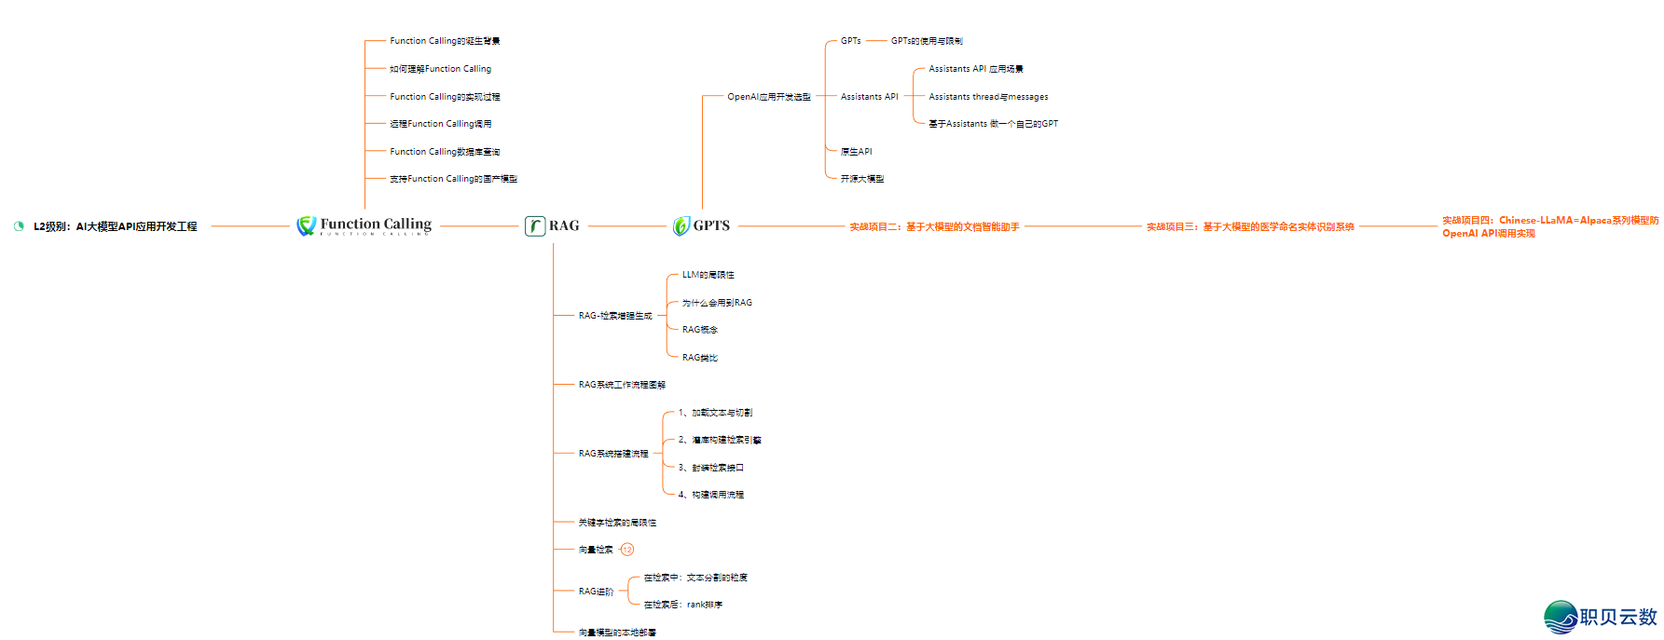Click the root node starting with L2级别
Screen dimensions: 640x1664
(x=115, y=226)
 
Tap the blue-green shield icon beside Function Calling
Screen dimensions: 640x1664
(x=306, y=225)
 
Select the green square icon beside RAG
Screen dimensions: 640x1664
(x=535, y=225)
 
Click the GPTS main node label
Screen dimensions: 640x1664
(x=711, y=225)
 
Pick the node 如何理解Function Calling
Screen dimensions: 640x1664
(x=440, y=69)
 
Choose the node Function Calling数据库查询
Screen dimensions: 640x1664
(x=445, y=152)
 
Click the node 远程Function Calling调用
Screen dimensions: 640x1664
(x=440, y=124)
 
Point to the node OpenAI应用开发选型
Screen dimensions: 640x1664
(x=768, y=97)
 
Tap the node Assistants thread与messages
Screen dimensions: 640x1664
(x=988, y=97)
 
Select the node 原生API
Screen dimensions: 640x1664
(x=856, y=152)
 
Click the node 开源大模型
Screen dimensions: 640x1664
(x=861, y=179)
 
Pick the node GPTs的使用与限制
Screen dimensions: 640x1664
(x=927, y=41)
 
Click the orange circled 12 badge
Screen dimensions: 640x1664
(x=627, y=550)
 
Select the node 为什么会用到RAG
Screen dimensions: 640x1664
(x=717, y=303)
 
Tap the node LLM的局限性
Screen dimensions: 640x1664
(x=708, y=275)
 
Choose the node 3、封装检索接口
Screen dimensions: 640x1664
(x=710, y=468)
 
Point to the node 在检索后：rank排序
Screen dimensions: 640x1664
(x=682, y=605)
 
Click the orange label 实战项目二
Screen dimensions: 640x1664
(x=934, y=226)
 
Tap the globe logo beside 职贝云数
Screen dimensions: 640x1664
(x=1560, y=617)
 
